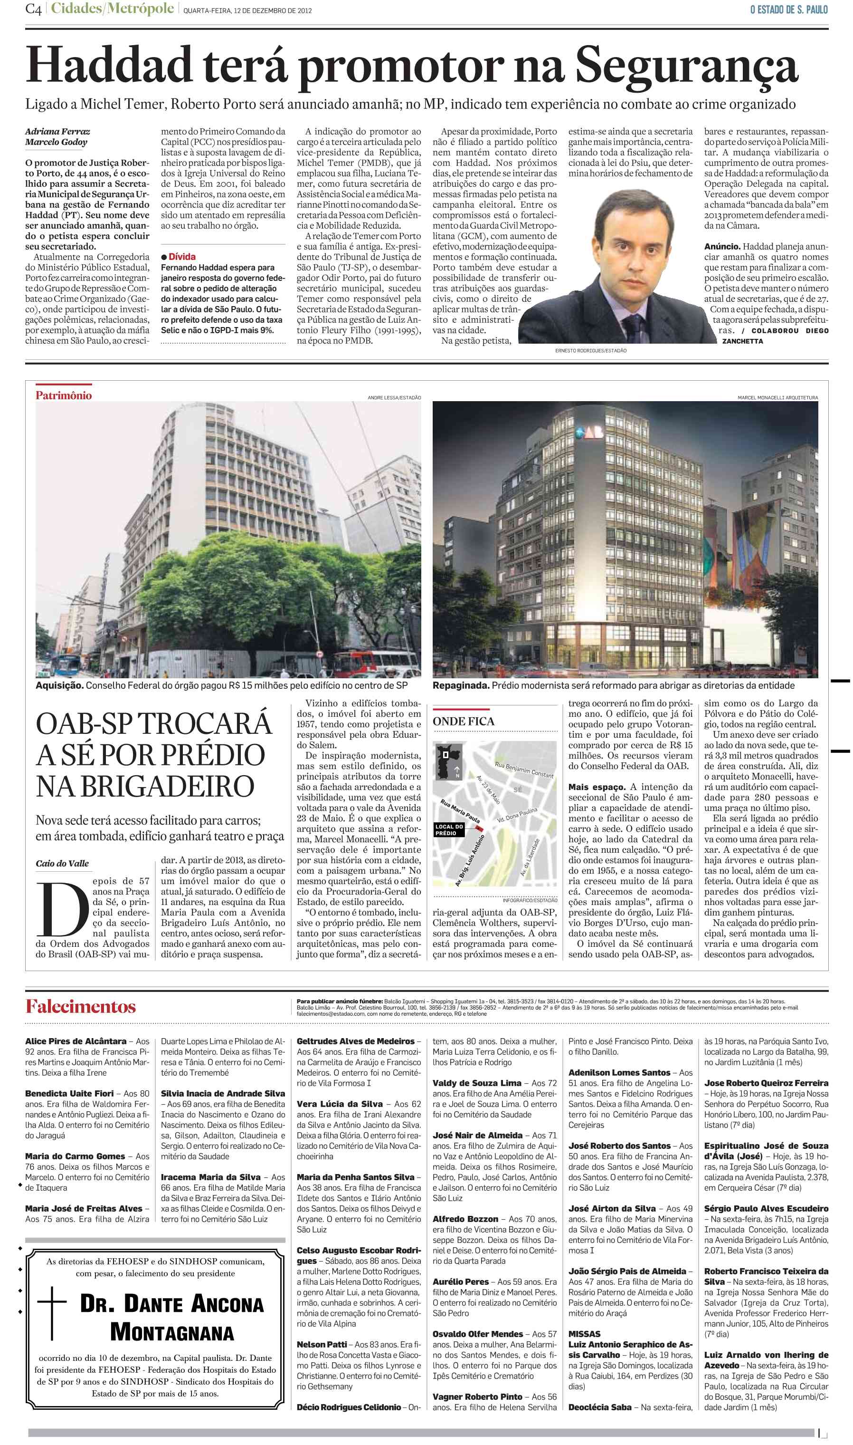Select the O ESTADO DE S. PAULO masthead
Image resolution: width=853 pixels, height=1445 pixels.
click(x=788, y=10)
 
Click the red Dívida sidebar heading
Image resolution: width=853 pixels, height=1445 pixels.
click(x=181, y=257)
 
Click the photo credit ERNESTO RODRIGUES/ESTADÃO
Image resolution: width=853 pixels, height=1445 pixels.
click(x=590, y=350)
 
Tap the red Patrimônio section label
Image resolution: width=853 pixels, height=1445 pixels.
click(x=64, y=395)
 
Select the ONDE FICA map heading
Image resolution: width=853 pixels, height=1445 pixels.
click(x=463, y=722)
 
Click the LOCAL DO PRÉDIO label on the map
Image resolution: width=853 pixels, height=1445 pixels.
click(x=449, y=829)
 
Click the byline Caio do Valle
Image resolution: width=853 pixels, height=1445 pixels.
click(x=62, y=863)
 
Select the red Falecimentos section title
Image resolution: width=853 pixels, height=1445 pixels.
click(x=80, y=1007)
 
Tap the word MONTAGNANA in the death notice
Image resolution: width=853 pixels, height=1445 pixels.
click(x=172, y=1333)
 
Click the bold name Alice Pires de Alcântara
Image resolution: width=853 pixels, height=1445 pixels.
click(x=76, y=1041)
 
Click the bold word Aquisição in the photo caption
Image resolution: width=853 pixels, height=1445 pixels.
click(x=60, y=686)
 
